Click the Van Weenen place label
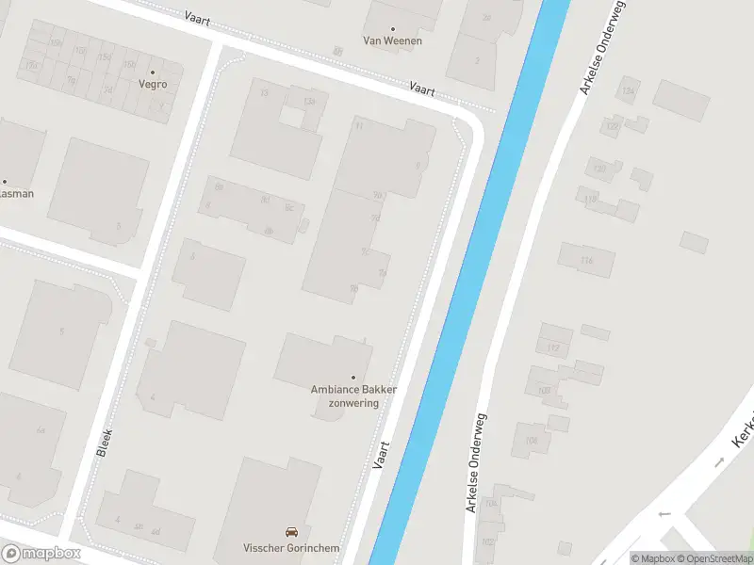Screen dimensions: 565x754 pos(393,40)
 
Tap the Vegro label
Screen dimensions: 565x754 pos(153,84)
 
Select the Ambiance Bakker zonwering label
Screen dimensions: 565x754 pos(353,395)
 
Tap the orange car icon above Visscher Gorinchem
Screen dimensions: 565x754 pos(291,532)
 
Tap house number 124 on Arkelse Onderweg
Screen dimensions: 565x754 pos(627,91)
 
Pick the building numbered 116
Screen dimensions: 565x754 pos(586,260)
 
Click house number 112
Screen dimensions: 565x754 pos(553,348)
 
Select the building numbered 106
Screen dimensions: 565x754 pos(532,440)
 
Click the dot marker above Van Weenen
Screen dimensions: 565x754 pos(393,29)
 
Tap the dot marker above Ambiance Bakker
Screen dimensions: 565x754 pos(353,378)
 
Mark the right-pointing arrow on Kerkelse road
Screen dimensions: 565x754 pos(719,461)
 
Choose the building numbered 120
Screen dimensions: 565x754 pos(598,169)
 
